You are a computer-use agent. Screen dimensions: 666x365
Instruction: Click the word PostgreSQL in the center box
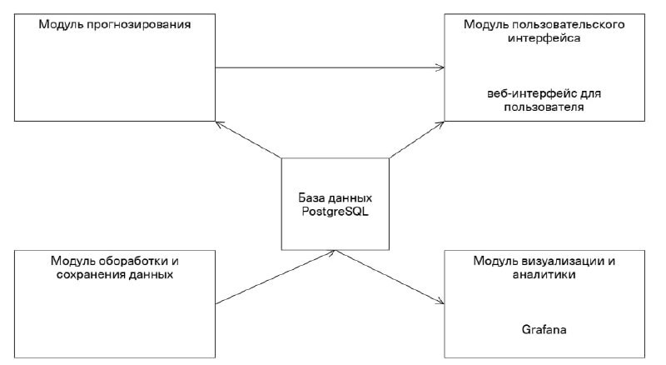(x=335, y=212)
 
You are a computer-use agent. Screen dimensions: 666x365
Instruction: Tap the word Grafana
(x=544, y=329)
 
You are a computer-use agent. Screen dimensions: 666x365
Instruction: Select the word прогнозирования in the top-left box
(x=139, y=25)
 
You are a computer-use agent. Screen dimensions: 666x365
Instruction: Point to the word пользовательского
(x=569, y=25)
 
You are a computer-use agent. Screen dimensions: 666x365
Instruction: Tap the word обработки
(x=133, y=261)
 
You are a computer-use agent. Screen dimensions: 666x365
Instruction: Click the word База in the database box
(x=311, y=198)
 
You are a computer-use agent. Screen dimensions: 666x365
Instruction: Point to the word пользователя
(x=544, y=107)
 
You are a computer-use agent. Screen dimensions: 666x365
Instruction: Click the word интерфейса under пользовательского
(x=544, y=38)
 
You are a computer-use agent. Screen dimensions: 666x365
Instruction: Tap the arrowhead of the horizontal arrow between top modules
(x=441, y=67)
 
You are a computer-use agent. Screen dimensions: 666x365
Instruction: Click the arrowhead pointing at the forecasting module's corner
(x=219, y=124)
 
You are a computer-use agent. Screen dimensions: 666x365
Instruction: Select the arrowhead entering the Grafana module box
(x=440, y=302)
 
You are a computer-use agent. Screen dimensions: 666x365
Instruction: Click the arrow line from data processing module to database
(x=276, y=277)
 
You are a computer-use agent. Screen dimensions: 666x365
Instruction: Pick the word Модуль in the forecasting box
(x=62, y=25)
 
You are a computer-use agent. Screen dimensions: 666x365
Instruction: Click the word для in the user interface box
(x=590, y=93)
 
